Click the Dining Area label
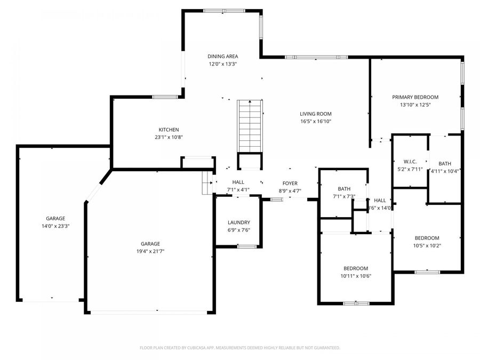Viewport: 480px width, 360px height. coord(222,56)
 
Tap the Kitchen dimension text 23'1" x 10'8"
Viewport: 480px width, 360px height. coord(169,137)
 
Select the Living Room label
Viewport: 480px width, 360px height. coord(315,114)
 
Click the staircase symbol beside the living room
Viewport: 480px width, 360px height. coord(249,125)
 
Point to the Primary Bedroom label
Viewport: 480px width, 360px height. coord(415,97)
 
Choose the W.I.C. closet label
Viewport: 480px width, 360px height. coord(410,161)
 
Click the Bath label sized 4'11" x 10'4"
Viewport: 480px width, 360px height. coord(445,164)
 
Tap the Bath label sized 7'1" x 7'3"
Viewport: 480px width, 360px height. coord(343,189)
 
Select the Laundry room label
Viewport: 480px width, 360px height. coord(238,222)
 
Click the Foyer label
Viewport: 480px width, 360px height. coord(290,183)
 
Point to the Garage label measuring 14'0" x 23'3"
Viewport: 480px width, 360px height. coord(55,218)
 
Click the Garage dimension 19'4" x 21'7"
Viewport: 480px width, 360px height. coord(150,251)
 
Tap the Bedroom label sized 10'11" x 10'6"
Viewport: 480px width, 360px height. coord(355,268)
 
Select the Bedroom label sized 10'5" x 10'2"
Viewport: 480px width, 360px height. coord(427,238)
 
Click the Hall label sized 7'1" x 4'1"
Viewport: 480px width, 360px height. coord(238,182)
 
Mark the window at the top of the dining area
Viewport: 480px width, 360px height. coord(223,10)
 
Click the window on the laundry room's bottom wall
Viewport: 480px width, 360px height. coord(246,246)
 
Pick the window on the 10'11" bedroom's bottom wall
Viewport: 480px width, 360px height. coord(356,303)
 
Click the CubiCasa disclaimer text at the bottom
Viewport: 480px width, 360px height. coord(239,348)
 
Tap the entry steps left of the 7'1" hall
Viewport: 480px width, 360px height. coord(207,183)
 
